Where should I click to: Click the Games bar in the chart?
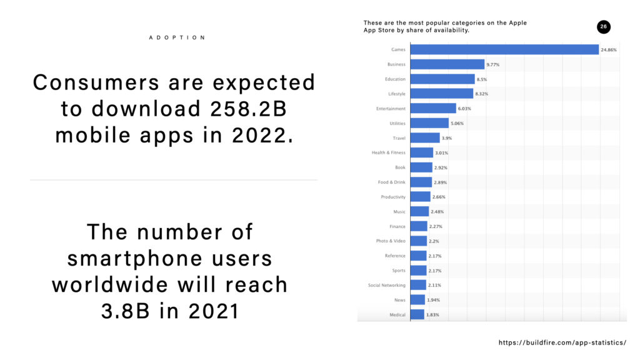coord(504,49)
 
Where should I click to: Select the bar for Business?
coord(447,64)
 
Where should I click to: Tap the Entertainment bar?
coord(433,109)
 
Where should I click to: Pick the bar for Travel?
coord(425,138)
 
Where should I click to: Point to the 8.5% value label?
coord(483,79)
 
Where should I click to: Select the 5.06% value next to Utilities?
coord(457,124)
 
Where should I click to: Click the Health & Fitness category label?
coord(388,153)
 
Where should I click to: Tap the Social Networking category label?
coord(387,286)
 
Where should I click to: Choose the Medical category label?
coord(397,315)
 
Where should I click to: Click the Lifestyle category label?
coord(396,94)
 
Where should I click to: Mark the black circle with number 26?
coord(603,27)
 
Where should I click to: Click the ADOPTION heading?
coord(177,37)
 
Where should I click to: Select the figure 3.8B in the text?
coord(127,311)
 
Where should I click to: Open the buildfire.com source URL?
coord(562,343)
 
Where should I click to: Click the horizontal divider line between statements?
coord(174,180)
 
